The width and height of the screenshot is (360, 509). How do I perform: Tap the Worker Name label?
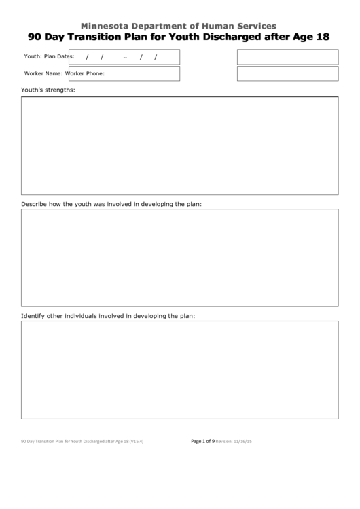(x=43, y=73)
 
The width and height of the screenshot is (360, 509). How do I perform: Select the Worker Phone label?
(x=90, y=73)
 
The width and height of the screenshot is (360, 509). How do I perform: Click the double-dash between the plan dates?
(x=126, y=57)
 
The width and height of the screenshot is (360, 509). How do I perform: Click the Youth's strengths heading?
(x=48, y=90)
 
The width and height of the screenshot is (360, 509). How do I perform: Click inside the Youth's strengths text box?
(x=179, y=145)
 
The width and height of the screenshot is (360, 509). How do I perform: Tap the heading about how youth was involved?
(x=111, y=203)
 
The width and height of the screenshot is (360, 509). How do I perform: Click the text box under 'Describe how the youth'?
(x=179, y=258)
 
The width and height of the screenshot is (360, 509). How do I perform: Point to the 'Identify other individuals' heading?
(x=108, y=316)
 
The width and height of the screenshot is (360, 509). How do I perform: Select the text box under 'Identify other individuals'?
(x=179, y=370)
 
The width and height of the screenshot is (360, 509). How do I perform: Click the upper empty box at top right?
(x=287, y=56)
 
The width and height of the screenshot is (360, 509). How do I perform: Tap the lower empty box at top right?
(x=287, y=73)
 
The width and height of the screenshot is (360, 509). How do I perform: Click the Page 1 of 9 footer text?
(x=202, y=442)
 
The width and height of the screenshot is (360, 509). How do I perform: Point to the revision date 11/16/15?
(x=242, y=442)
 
